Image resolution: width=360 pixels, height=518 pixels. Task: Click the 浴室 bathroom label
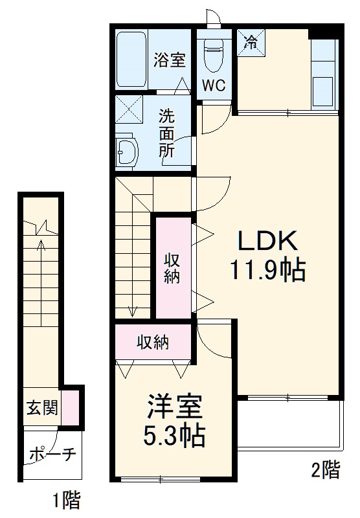click(170, 60)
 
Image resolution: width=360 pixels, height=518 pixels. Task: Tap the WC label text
click(213, 86)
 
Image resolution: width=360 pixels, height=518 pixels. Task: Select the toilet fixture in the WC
click(212, 55)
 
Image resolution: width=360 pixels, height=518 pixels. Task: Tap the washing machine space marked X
click(129, 109)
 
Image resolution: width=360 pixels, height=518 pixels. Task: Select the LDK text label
click(268, 242)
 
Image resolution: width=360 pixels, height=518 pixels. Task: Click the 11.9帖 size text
click(266, 270)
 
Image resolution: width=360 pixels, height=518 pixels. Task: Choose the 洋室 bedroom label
click(172, 407)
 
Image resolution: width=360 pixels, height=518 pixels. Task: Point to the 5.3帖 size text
click(174, 437)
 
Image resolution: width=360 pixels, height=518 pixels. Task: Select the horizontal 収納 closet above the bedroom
click(153, 343)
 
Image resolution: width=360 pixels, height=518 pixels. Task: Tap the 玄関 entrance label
click(41, 408)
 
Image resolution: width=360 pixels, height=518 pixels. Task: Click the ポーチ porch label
click(52, 455)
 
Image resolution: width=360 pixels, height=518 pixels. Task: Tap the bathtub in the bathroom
click(133, 60)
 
